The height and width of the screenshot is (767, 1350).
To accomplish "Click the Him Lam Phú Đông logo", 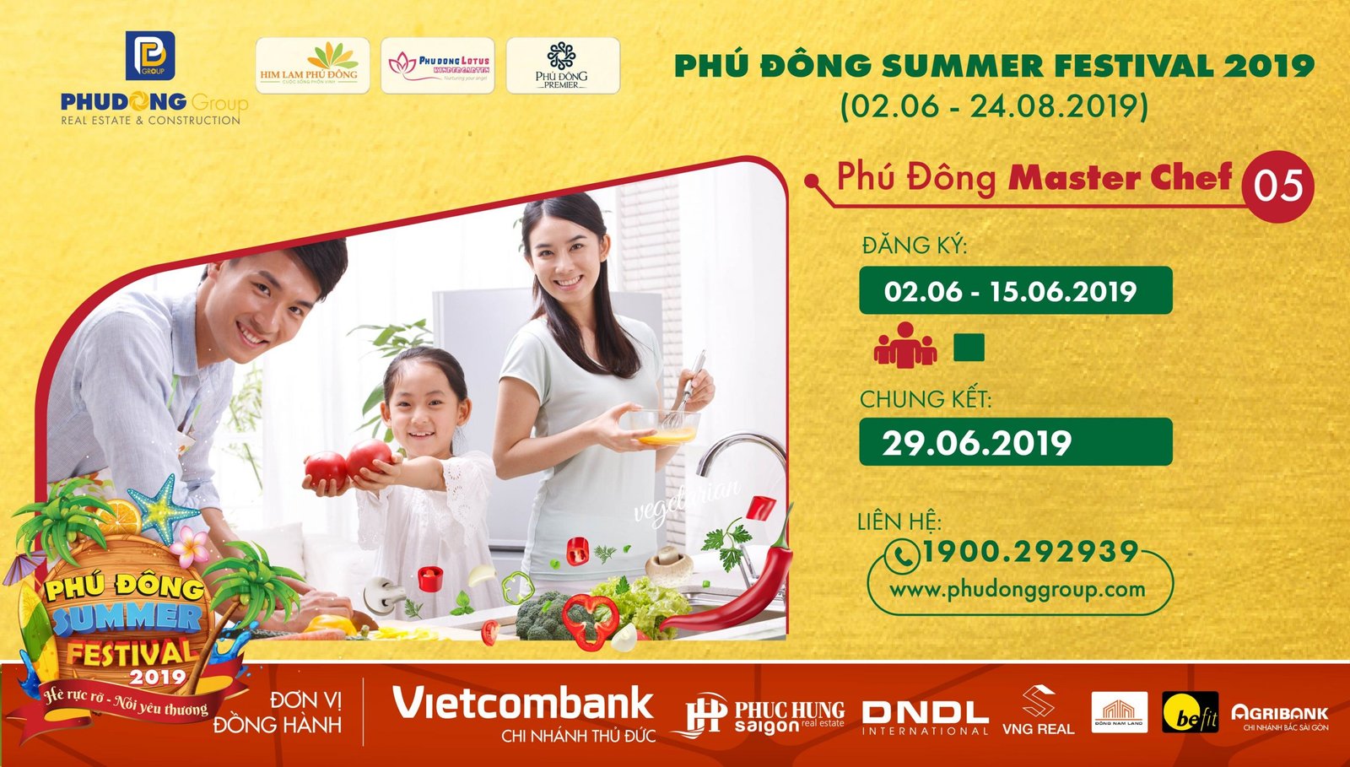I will click(x=311, y=65).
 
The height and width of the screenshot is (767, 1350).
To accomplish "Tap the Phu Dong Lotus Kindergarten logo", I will click(x=438, y=65).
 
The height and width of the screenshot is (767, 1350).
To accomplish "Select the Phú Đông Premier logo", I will click(x=562, y=65).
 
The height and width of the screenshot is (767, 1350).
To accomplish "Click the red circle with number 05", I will click(x=1277, y=186).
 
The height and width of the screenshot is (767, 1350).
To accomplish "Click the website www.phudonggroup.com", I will click(x=1018, y=589).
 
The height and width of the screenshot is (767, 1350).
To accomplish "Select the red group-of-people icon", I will click(x=904, y=345).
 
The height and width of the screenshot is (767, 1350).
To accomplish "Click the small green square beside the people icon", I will click(x=969, y=348).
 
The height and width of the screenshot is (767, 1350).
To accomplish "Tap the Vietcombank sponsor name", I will click(x=523, y=704).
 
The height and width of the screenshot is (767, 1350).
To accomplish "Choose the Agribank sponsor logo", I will click(x=1279, y=715).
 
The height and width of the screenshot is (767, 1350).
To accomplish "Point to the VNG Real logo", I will click(x=1038, y=713).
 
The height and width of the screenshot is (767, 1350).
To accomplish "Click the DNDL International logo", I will click(x=925, y=716).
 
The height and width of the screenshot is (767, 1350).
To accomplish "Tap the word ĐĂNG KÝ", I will click(x=914, y=246).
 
